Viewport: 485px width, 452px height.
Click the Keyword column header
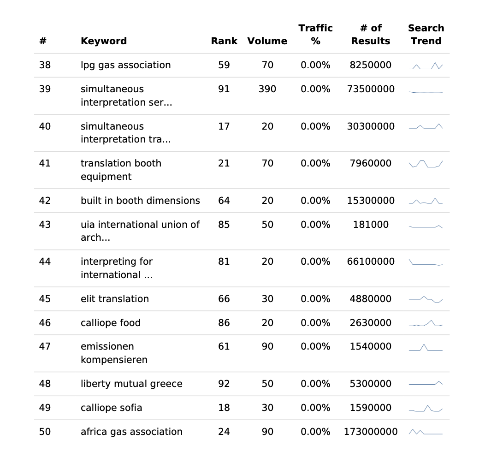point(104,41)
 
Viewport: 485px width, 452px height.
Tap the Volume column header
point(267,41)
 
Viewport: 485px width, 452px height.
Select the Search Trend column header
point(426,35)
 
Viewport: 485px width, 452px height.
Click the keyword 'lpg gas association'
point(125,65)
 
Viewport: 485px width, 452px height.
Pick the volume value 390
point(267,89)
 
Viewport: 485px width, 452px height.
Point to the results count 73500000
point(371,89)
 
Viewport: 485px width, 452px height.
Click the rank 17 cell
point(224,126)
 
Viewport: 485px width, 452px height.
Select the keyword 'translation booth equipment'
point(121,170)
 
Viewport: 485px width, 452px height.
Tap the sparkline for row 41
point(426,164)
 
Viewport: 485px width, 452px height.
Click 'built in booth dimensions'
point(140,201)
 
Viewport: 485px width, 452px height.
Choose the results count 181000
point(371,225)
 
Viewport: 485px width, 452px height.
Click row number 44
point(45,262)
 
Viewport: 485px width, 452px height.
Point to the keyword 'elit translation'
point(115,299)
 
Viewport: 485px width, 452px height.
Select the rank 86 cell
point(224,323)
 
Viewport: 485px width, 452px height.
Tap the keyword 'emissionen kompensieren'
point(114,353)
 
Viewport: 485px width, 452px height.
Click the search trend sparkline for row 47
point(426,347)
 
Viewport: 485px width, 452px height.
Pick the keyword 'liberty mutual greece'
point(131,384)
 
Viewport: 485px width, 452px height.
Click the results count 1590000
point(371,408)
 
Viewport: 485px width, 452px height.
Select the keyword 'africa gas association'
point(131,432)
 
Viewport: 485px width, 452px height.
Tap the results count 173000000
point(371,432)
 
